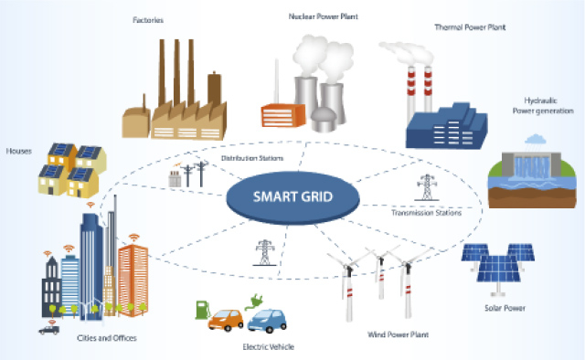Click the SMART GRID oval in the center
pyautogui.click(x=292, y=195)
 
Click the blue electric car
pyautogui.click(x=269, y=320)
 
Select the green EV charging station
pyautogui.click(x=201, y=309)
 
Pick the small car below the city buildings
pyautogui.click(x=48, y=329)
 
